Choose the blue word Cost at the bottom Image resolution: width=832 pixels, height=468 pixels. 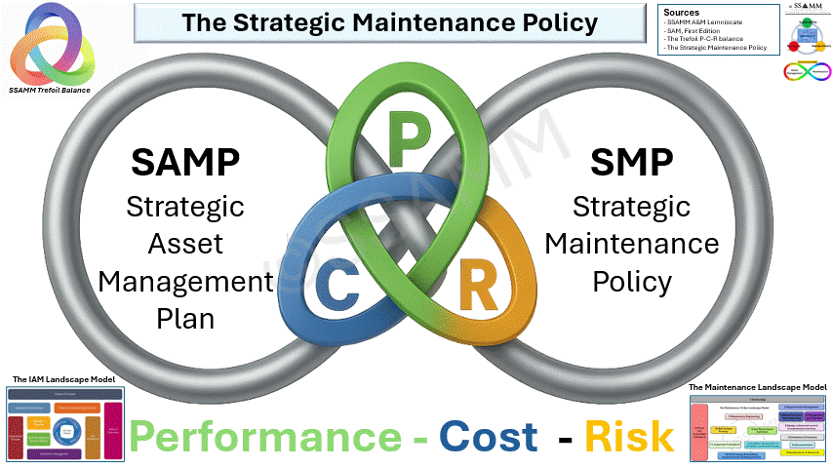[x=488, y=437]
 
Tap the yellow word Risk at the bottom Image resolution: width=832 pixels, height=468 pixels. [x=629, y=437]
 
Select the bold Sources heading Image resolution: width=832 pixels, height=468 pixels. [x=682, y=13]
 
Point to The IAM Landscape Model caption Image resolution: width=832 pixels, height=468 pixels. [x=60, y=379]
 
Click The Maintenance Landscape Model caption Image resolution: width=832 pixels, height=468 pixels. [x=758, y=387]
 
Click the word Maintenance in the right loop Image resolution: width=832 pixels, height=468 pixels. [x=631, y=244]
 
